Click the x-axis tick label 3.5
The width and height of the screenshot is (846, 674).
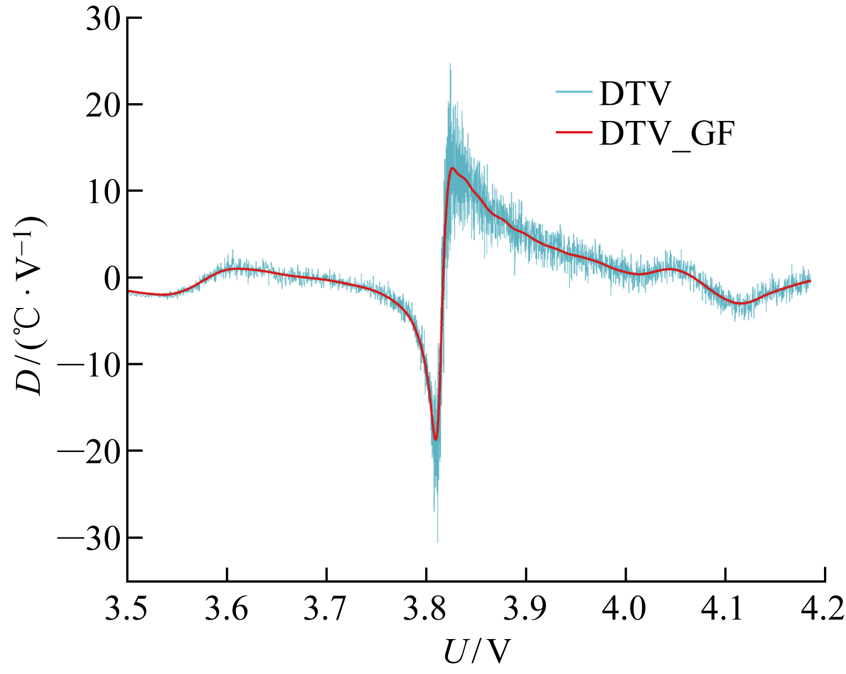click(127, 609)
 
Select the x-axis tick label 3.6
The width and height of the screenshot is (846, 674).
click(227, 609)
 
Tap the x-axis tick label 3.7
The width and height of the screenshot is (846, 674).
click(326, 609)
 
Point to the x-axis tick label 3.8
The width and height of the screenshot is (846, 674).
click(426, 609)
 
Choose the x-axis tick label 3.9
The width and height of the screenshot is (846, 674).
click(526, 609)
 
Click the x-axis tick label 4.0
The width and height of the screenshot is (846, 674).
click(625, 609)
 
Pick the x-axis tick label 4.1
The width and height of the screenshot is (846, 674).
click(725, 609)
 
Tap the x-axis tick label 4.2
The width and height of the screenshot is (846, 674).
click(823, 609)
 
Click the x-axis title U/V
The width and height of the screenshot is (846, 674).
click(476, 652)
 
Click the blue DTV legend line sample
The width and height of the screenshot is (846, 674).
click(574, 92)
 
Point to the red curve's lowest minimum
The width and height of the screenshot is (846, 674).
click(435, 440)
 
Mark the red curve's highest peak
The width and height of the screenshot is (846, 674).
click(453, 168)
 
